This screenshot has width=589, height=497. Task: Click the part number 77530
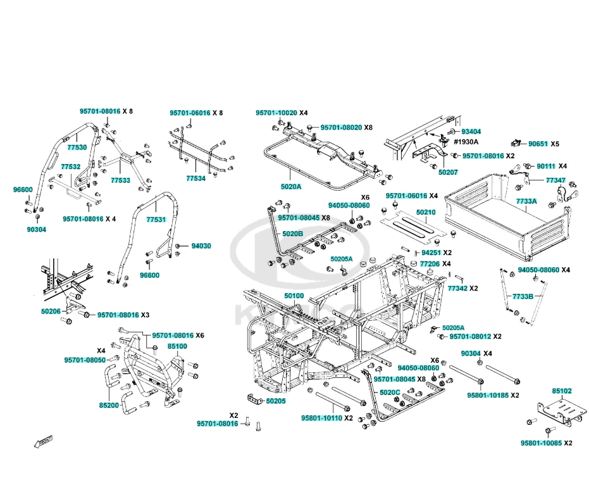pos(77,148)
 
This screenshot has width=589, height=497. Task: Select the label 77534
pos(195,178)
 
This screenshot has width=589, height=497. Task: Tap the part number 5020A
pos(291,187)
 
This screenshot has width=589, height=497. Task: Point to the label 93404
pos(471,132)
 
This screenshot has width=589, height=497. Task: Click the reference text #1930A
pos(466,142)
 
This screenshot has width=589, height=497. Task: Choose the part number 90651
pos(538,144)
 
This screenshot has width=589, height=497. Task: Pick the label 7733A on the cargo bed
pos(526,201)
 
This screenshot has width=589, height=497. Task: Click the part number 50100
pos(294,296)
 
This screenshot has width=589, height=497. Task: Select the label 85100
pos(177,346)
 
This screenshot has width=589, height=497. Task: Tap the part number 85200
pos(109,405)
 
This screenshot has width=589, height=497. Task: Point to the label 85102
pos(562,391)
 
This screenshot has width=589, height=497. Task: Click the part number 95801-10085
pos(542,443)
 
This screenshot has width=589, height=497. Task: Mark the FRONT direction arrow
pos(43,441)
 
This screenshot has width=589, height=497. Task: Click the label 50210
pos(426,212)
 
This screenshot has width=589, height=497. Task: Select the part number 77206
pos(430,264)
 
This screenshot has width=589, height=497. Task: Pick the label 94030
pos(201,246)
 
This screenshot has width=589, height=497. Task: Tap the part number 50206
pos(51,311)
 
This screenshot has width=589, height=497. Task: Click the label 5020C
pos(390,393)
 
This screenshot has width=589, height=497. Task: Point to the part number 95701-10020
pos(276,113)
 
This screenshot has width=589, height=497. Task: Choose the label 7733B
pos(523,297)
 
